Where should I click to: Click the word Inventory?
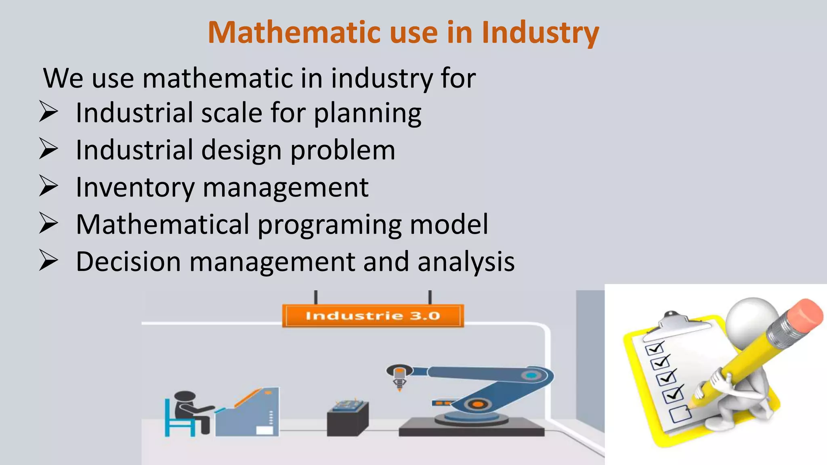[135, 187]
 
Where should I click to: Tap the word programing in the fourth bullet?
[329, 225]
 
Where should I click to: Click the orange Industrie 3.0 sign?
[372, 316]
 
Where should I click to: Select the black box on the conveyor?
[347, 420]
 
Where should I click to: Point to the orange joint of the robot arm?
[477, 404]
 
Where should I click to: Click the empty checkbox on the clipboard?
[680, 414]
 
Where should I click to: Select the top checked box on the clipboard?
[654, 348]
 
